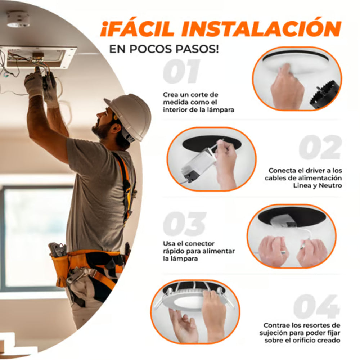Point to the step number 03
184,224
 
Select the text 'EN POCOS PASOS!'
164,49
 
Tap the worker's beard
103,130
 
